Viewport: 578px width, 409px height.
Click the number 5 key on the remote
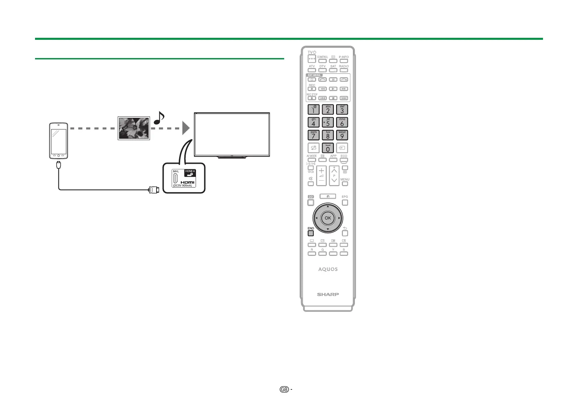coord(328,122)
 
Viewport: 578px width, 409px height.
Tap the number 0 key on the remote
coord(328,148)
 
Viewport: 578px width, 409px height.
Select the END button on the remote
coord(311,233)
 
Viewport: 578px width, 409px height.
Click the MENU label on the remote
coord(345,179)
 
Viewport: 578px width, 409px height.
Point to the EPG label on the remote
coord(345,197)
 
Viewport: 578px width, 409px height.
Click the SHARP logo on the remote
coord(328,294)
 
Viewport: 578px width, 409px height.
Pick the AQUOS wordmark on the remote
coord(328,269)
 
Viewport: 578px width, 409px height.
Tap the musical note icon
coord(159,118)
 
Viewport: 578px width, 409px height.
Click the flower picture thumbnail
coord(134,128)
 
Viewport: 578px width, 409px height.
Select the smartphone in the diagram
coord(58,140)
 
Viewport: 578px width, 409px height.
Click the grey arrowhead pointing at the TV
coord(185,128)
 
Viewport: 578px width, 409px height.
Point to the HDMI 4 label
coord(190,171)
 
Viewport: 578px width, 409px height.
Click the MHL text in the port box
coord(176,171)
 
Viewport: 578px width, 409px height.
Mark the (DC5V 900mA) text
coord(183,186)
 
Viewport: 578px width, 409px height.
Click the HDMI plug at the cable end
coord(153,189)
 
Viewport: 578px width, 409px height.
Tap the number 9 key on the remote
coord(342,135)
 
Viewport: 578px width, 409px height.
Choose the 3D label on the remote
coord(311,197)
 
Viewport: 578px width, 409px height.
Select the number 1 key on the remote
coord(313,110)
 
